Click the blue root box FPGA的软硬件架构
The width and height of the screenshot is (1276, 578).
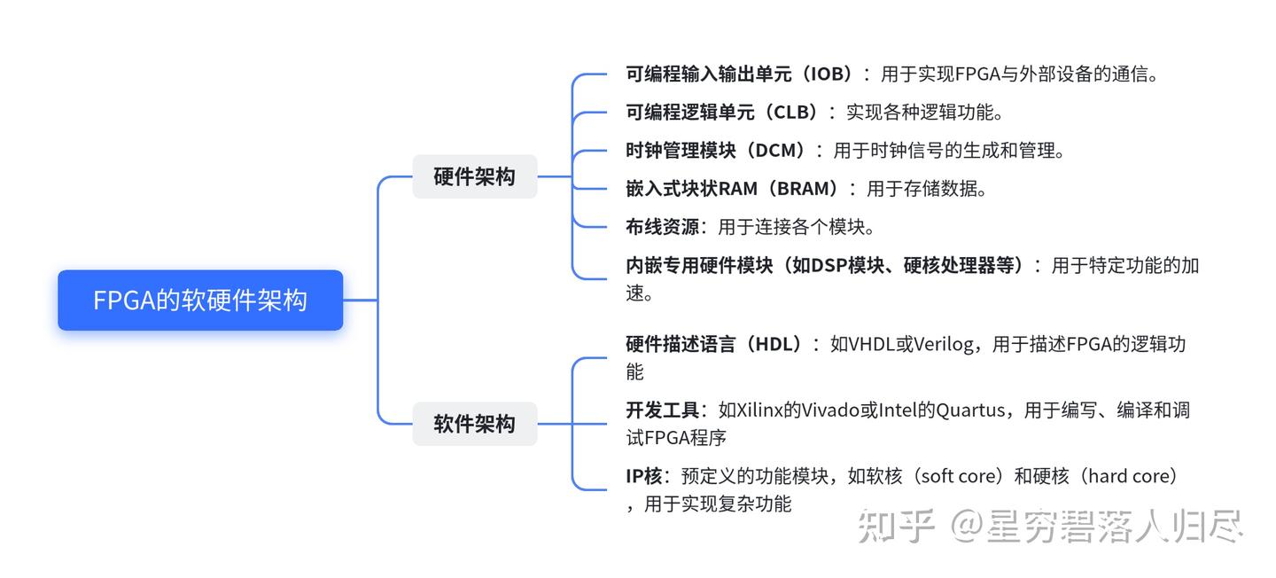(200, 300)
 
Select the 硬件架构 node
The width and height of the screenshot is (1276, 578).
(475, 176)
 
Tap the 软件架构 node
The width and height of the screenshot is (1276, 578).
(475, 424)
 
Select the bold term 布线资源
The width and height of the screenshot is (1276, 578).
(663, 227)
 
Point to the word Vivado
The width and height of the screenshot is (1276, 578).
(830, 410)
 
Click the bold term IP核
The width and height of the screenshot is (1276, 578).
(644, 477)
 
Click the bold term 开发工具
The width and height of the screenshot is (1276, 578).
(663, 410)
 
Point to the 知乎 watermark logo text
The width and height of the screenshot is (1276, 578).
(896, 526)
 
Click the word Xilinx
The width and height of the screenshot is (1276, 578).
(760, 410)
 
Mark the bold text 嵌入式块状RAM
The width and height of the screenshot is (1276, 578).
(692, 189)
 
